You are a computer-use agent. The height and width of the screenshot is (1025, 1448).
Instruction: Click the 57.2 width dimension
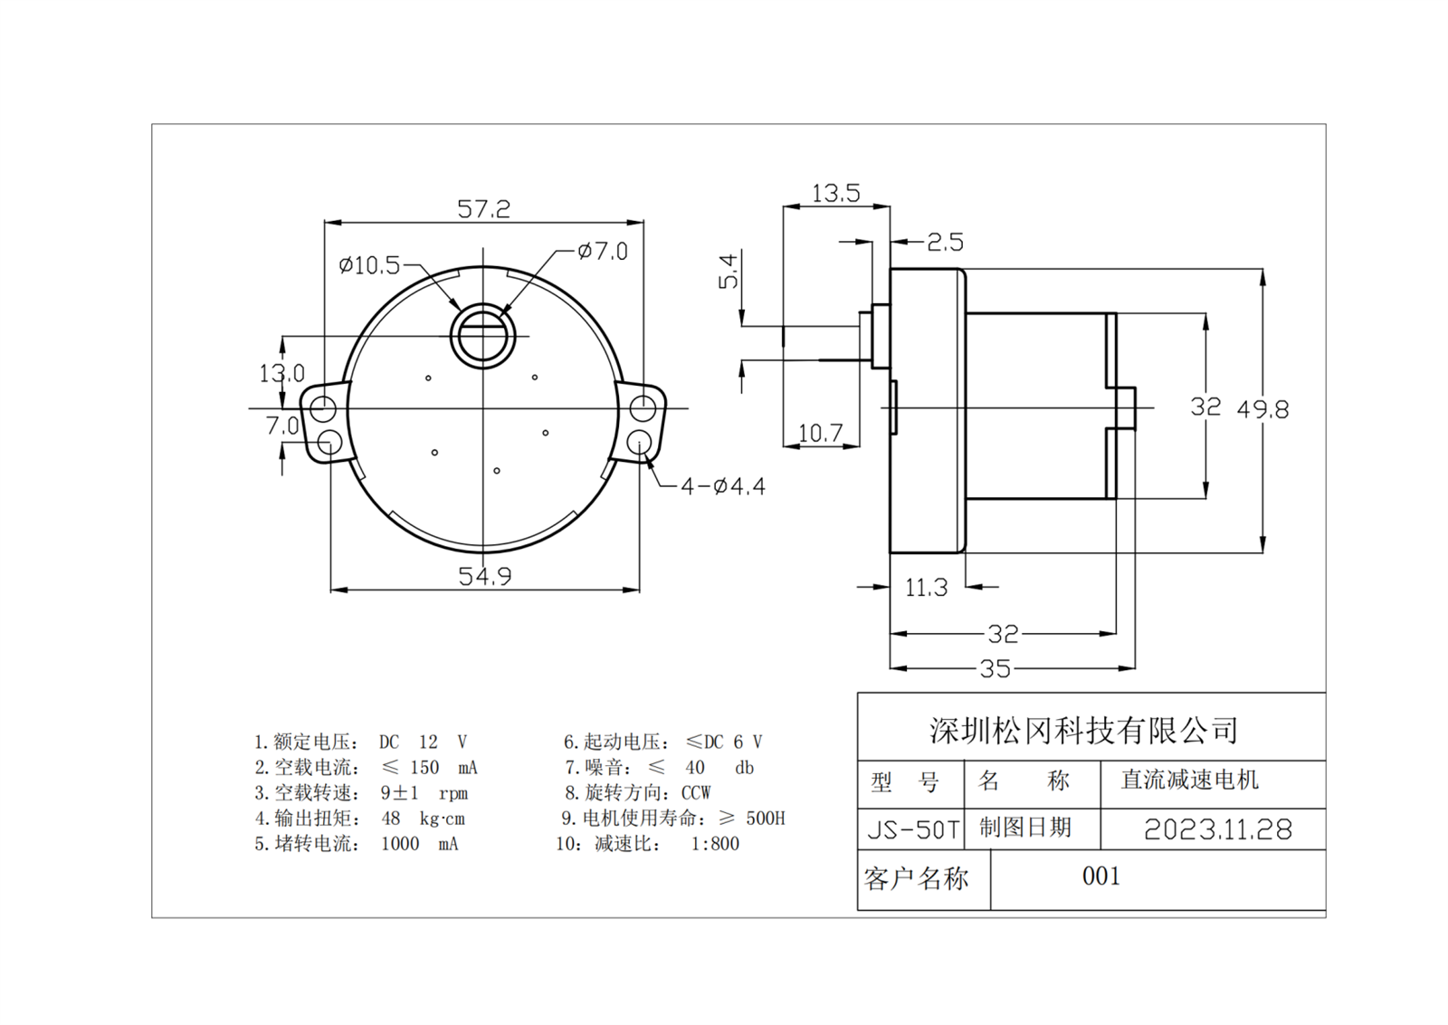[x=483, y=209]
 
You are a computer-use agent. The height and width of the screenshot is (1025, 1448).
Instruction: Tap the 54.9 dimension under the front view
[x=484, y=576]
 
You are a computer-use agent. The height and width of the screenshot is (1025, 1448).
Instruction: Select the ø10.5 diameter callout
[x=368, y=265]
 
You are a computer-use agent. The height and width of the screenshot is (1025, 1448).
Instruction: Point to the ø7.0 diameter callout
[x=603, y=251]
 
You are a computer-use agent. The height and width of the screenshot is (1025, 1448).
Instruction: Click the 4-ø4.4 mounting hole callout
[x=722, y=487]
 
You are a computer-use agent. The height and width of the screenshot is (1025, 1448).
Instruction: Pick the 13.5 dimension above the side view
[x=834, y=194]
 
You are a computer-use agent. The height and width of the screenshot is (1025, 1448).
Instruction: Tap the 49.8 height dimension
[x=1262, y=409]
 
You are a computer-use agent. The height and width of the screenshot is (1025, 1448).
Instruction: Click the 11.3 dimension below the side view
[x=926, y=589]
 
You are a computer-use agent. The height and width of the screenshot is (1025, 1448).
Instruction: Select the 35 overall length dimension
[x=995, y=669]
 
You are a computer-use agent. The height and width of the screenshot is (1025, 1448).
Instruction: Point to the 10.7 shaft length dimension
[x=820, y=434]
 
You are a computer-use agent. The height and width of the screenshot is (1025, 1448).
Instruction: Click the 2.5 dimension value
[x=945, y=243]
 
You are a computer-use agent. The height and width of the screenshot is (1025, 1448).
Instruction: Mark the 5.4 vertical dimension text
[x=729, y=271]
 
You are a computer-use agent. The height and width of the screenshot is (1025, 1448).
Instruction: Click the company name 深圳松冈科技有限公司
[x=1083, y=730]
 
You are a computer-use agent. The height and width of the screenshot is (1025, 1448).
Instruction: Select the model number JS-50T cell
[x=912, y=829]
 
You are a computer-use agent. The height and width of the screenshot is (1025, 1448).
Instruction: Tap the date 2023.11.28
[x=1217, y=829]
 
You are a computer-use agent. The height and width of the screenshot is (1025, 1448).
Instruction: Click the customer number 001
[x=1100, y=877]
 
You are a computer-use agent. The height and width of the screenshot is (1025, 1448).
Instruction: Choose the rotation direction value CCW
[x=696, y=793]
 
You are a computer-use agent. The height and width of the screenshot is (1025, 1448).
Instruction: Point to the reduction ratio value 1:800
[x=715, y=844]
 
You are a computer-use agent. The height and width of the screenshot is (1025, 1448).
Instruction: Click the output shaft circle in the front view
[x=483, y=336]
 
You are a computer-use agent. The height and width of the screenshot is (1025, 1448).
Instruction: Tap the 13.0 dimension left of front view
[x=281, y=373]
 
